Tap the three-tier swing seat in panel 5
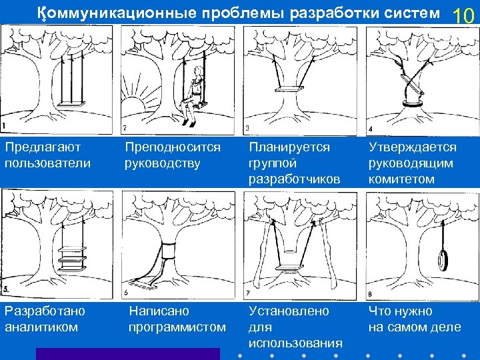71,256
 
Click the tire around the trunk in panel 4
413,103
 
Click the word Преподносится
173,147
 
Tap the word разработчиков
294,179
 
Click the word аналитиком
41,327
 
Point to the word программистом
177,327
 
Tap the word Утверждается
413,147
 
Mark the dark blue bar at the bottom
127,354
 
